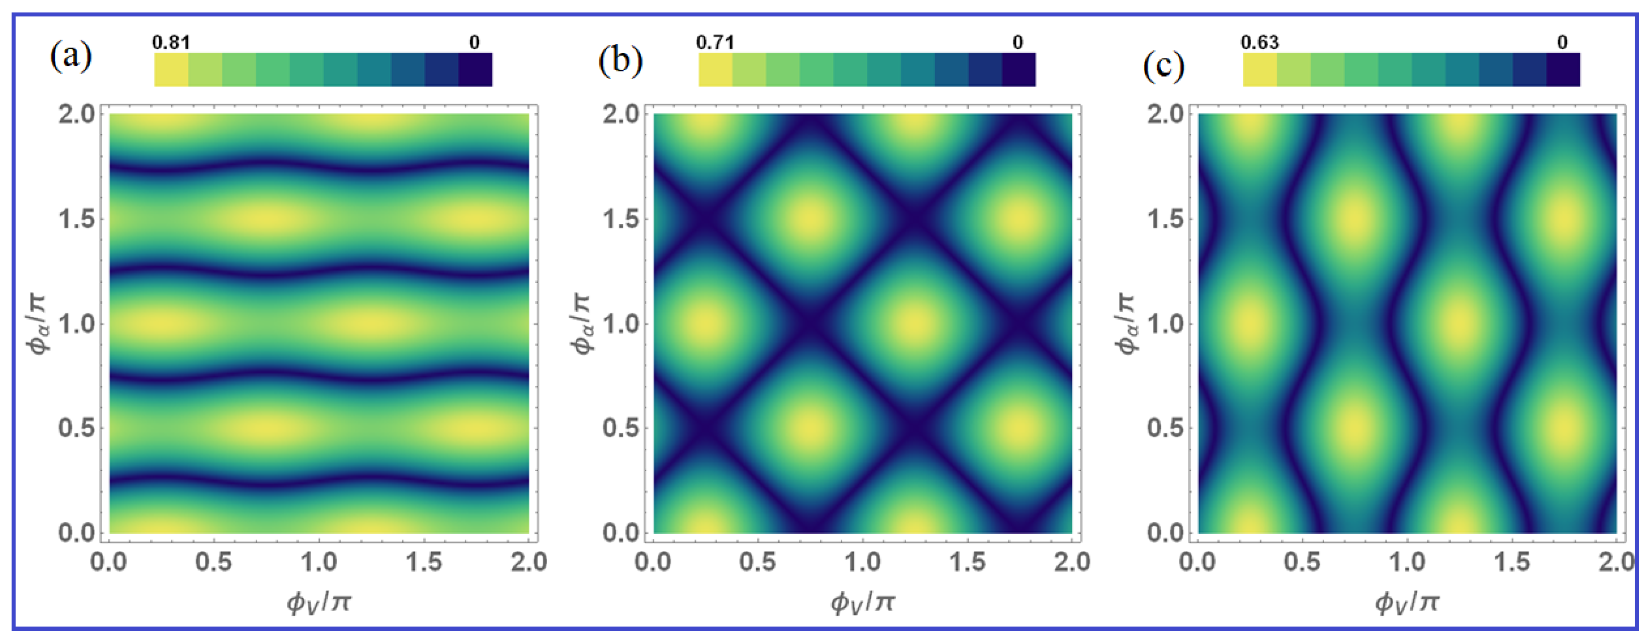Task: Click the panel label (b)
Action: (620, 62)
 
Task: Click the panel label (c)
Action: (1163, 66)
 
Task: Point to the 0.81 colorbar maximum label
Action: (171, 42)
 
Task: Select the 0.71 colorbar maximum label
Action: (715, 42)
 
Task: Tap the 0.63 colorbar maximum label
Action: (1259, 42)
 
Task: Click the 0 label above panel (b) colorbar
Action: (1018, 42)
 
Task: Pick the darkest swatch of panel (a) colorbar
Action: (475, 69)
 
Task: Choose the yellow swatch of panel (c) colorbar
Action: (1260, 69)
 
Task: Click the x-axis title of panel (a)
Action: (319, 602)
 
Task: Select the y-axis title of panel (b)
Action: (581, 324)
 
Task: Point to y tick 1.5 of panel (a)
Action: (77, 219)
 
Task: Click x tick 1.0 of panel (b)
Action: (863, 562)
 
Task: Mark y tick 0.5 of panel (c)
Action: (1165, 428)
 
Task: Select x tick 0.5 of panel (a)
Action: (214, 562)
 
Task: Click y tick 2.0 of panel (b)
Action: (621, 115)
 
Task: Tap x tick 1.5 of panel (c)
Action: (1512, 562)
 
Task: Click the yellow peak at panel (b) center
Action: (915, 324)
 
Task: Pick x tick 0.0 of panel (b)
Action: (653, 562)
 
